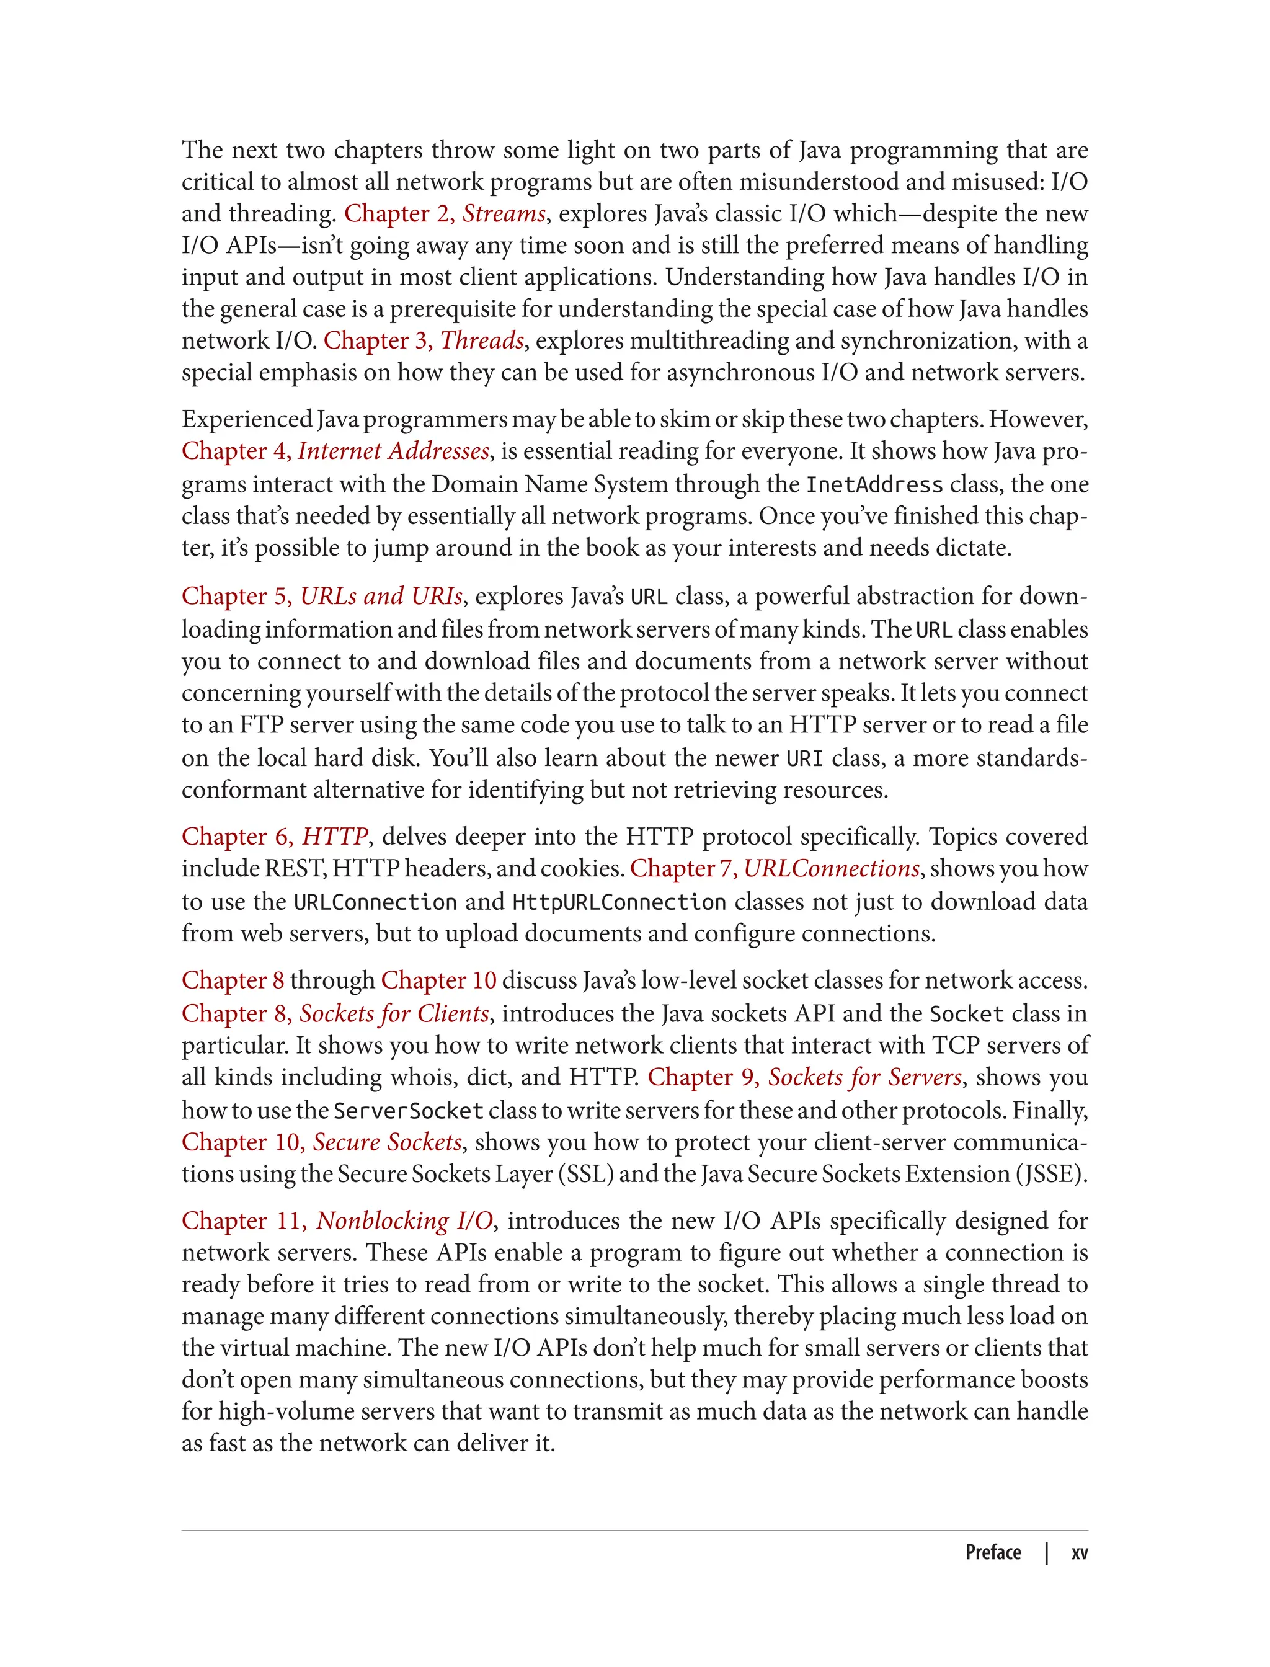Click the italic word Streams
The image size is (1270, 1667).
click(504, 214)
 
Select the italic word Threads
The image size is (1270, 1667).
click(482, 341)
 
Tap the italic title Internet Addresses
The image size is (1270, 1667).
click(393, 451)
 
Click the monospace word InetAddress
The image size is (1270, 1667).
click(874, 484)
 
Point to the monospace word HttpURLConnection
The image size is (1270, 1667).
click(619, 902)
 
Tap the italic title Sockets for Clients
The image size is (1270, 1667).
click(394, 1014)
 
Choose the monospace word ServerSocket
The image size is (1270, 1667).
click(408, 1111)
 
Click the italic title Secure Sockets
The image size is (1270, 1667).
click(387, 1142)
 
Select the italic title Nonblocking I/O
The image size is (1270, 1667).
click(404, 1221)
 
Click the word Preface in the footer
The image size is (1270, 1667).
click(993, 1553)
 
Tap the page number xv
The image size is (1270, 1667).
click(1080, 1553)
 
